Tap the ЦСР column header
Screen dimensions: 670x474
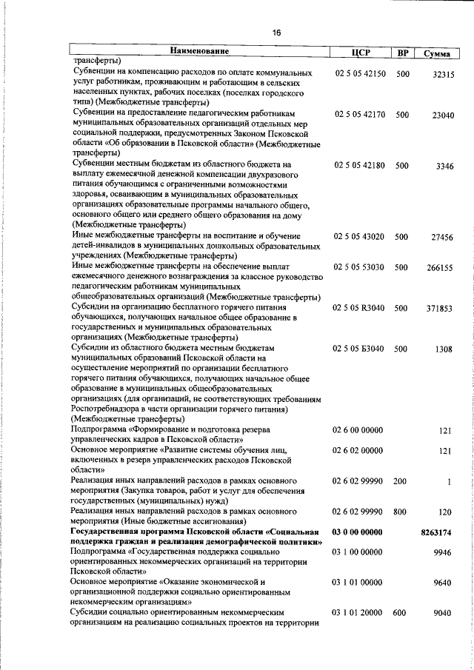click(359, 53)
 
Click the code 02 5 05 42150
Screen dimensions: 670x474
click(360, 74)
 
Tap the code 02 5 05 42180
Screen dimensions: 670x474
click(360, 165)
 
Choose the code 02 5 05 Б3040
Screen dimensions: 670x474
click(360, 348)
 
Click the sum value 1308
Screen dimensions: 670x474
click(444, 348)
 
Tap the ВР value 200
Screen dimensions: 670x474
click(401, 481)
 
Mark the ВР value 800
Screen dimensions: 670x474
click(401, 512)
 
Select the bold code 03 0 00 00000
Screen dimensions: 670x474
click(358, 532)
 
